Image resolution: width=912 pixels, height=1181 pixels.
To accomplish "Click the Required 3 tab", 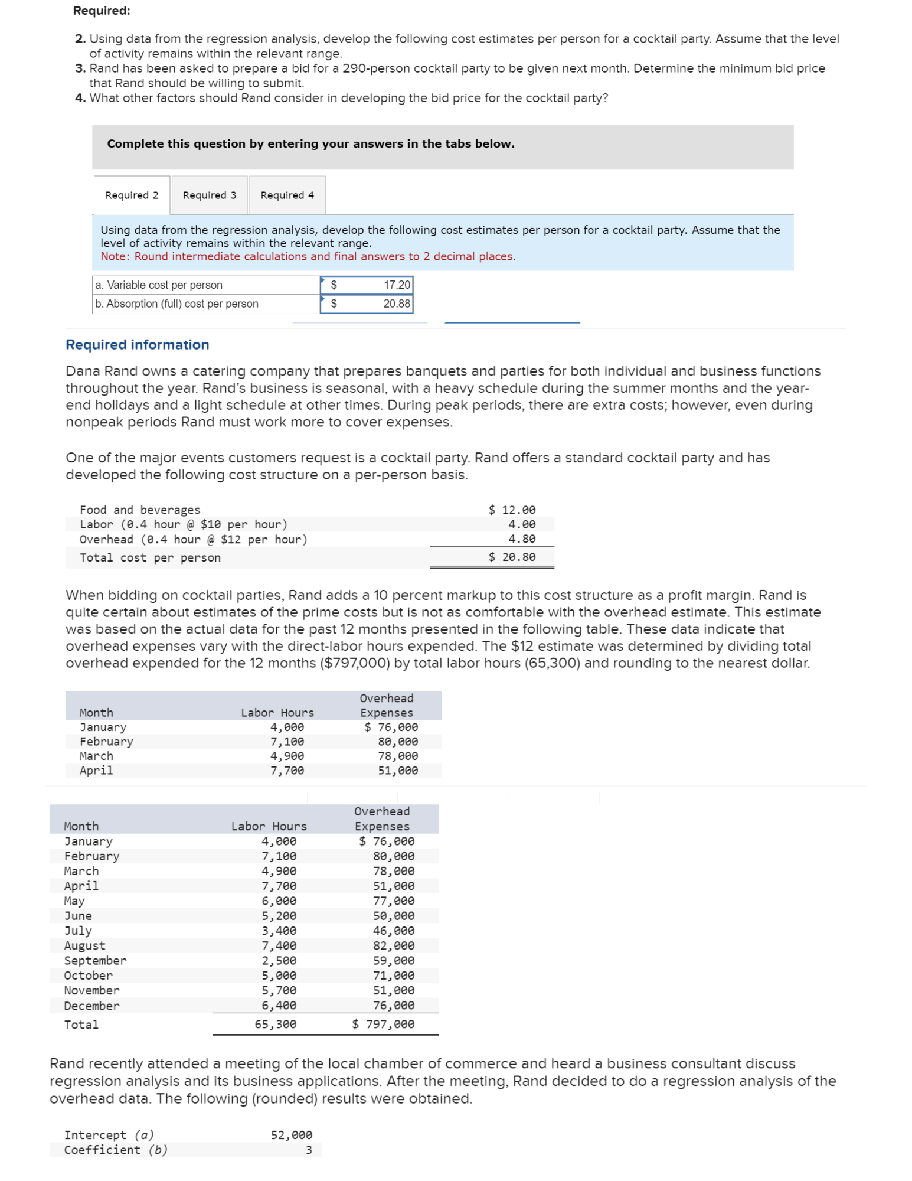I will [x=209, y=195].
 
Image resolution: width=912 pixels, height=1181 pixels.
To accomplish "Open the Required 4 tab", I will [x=287, y=195].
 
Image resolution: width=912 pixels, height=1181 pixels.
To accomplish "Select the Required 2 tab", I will [x=132, y=195].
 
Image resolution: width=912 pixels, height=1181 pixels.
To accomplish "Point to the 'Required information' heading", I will [x=137, y=345].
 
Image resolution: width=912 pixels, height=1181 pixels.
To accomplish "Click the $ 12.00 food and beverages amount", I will [x=512, y=510].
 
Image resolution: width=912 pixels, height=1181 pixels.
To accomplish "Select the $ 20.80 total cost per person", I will [x=512, y=557].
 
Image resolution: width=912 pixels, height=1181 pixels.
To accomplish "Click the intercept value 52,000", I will [x=291, y=1134].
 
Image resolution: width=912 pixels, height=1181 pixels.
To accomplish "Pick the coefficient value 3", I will [x=308, y=1150].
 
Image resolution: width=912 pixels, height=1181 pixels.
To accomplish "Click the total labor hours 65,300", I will [x=275, y=1024].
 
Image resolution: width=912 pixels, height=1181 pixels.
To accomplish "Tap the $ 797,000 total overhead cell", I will [x=383, y=1024].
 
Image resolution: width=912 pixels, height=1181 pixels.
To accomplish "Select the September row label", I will [x=95, y=961].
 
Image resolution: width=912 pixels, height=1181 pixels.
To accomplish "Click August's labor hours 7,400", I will [x=279, y=945].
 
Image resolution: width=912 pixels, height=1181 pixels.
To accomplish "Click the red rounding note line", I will [x=308, y=256].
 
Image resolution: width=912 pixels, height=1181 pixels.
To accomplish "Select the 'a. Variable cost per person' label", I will [x=159, y=285].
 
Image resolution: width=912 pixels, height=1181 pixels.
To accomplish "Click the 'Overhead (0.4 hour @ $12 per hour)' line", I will [x=194, y=539].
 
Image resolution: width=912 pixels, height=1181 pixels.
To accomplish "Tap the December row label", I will [x=91, y=1006].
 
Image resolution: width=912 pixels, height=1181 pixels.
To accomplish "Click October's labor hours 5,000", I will [x=279, y=976].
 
